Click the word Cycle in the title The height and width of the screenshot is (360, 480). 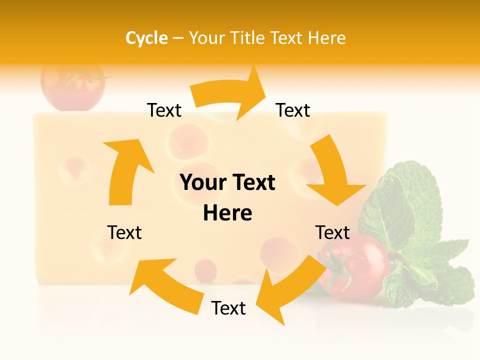click(146, 38)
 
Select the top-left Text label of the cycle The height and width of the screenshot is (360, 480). click(164, 110)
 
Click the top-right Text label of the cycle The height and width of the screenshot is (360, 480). click(293, 110)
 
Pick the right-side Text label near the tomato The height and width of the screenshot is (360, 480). click(332, 232)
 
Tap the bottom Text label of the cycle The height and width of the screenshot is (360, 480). click(228, 308)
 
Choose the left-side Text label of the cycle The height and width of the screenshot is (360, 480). click(124, 232)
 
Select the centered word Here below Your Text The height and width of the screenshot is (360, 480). click(227, 213)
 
